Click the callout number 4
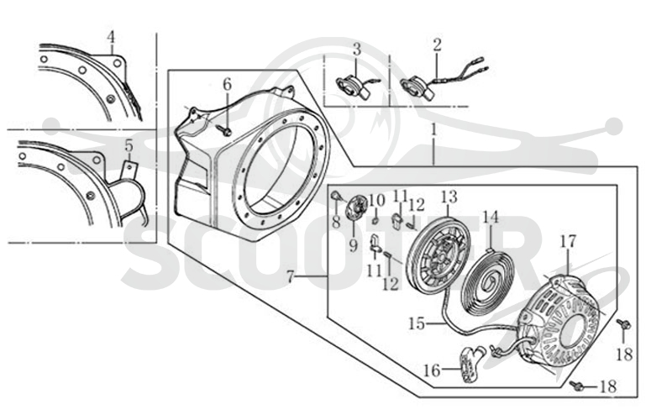[111, 37]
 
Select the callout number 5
[129, 145]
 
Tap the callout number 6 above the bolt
[227, 85]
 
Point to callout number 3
[357, 50]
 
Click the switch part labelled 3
[352, 87]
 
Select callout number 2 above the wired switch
[437, 45]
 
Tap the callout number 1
[433, 130]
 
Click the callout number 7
[291, 277]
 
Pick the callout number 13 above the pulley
[449, 197]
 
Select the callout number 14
[491, 218]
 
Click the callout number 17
[568, 242]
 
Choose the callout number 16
[432, 370]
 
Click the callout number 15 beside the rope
[417, 323]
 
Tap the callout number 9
[353, 246]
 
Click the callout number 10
[377, 200]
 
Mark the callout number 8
[336, 222]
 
